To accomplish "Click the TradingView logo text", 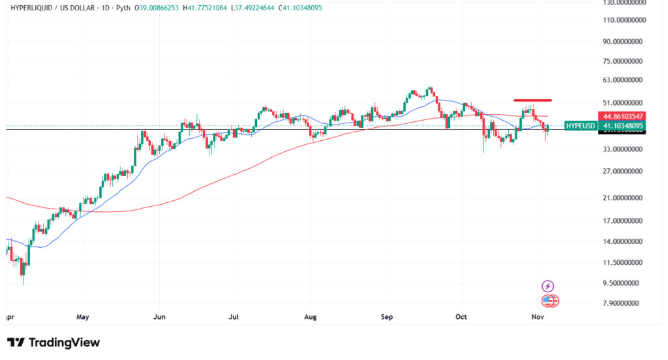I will pos(63,342).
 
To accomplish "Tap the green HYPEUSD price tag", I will pos(580,125).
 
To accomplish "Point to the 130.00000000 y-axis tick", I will pos(620,3).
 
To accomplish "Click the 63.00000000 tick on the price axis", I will pos(620,80).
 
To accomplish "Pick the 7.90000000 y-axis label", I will pos(620,303).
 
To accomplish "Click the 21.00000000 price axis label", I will pos(620,198).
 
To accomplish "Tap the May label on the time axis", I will pos(82,317).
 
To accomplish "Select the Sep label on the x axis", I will pos(386,317).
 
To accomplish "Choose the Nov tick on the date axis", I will pos(538,317).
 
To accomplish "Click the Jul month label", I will pos(234,317).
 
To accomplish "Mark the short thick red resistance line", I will pos(533,100).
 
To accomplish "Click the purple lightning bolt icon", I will pos(548,286).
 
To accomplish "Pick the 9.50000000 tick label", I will pos(620,283).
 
